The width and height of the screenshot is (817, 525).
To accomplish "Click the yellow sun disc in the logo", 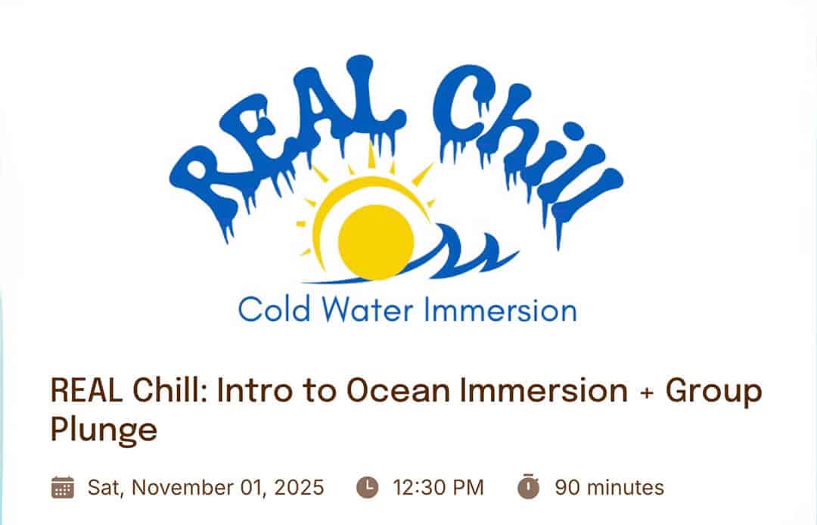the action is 376,241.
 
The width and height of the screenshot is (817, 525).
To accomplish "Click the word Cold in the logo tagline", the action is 274,309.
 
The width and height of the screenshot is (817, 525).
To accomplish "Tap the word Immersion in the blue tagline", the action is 501,309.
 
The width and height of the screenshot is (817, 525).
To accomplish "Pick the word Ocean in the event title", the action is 398,390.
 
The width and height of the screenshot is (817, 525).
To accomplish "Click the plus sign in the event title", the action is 647,392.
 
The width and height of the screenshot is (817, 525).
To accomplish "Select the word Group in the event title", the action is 713,393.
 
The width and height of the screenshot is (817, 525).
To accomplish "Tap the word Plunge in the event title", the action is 104,430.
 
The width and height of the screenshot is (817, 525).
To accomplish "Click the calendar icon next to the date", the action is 63,487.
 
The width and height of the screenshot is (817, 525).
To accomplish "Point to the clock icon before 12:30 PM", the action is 368,487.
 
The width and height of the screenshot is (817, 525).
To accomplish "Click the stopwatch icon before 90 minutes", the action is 528,486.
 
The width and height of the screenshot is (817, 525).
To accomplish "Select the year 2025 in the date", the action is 299,487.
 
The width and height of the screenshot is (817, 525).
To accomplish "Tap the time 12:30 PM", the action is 439,487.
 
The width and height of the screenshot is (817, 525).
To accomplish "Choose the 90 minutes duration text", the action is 610,487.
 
